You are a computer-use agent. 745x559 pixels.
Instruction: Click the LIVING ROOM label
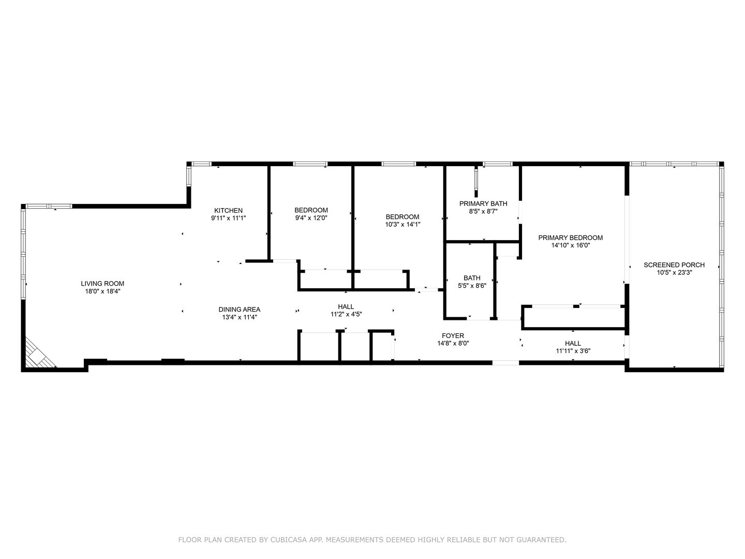pyautogui.click(x=102, y=284)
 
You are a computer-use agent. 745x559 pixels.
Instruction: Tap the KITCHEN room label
pyautogui.click(x=228, y=211)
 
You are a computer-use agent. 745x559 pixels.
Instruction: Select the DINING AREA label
pyautogui.click(x=239, y=310)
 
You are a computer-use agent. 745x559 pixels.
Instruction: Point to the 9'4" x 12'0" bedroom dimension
pyautogui.click(x=311, y=218)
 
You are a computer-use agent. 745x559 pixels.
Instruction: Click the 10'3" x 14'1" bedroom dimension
pyautogui.click(x=403, y=225)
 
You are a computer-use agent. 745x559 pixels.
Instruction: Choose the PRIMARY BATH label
pyautogui.click(x=483, y=203)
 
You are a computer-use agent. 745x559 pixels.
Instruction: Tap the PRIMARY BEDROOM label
pyautogui.click(x=570, y=238)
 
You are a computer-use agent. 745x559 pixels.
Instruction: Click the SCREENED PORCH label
pyautogui.click(x=674, y=265)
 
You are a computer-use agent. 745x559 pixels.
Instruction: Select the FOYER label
pyautogui.click(x=453, y=335)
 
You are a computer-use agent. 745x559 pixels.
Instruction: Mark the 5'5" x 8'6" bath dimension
pyautogui.click(x=472, y=285)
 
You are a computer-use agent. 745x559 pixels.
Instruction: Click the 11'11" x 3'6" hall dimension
pyautogui.click(x=573, y=350)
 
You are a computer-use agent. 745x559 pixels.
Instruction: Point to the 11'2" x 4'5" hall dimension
pyautogui.click(x=346, y=314)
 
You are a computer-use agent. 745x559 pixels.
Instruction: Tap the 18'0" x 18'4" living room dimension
pyautogui.click(x=102, y=291)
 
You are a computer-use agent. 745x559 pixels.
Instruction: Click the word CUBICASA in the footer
pyautogui.click(x=291, y=540)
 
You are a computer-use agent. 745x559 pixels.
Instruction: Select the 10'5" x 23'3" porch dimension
pyautogui.click(x=674, y=272)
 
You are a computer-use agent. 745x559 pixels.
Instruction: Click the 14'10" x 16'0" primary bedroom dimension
pyautogui.click(x=570, y=245)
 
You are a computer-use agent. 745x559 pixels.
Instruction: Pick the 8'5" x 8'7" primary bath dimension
pyautogui.click(x=483, y=211)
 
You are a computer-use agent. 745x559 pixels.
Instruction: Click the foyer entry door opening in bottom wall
pyautogui.click(x=505, y=363)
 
